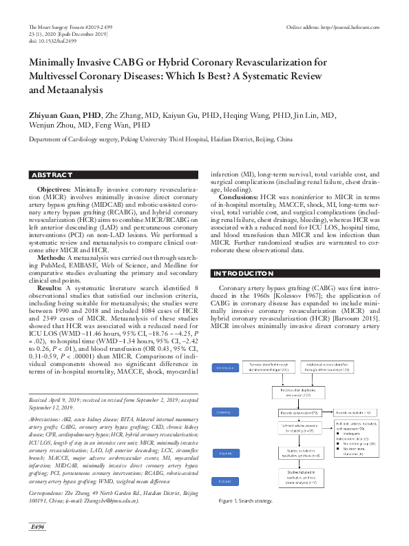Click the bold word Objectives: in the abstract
(x=53, y=188)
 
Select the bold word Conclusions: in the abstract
(x=238, y=196)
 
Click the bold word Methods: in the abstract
(x=50, y=256)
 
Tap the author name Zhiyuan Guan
(x=56, y=114)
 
